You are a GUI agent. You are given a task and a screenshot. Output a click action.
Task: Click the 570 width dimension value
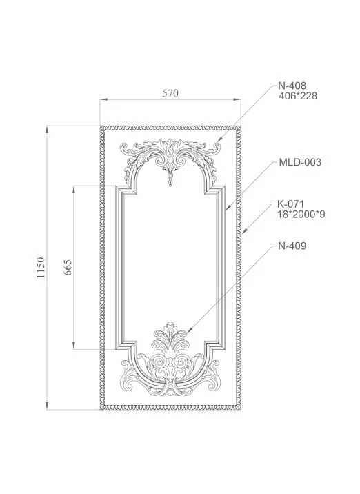click(170, 94)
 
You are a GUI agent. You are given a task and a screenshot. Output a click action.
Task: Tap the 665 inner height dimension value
click(68, 267)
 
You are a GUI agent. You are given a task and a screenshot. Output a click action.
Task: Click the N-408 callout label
click(292, 86)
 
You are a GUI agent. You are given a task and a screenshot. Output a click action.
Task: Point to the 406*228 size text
click(297, 97)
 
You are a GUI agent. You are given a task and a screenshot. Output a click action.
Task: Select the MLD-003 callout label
click(300, 163)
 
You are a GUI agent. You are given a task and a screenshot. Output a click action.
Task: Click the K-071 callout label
click(291, 204)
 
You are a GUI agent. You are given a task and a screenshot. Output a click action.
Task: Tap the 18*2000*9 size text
click(301, 215)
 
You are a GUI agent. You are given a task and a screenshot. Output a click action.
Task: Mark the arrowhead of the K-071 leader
click(243, 236)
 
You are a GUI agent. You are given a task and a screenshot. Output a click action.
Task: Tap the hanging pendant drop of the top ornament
click(170, 184)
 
